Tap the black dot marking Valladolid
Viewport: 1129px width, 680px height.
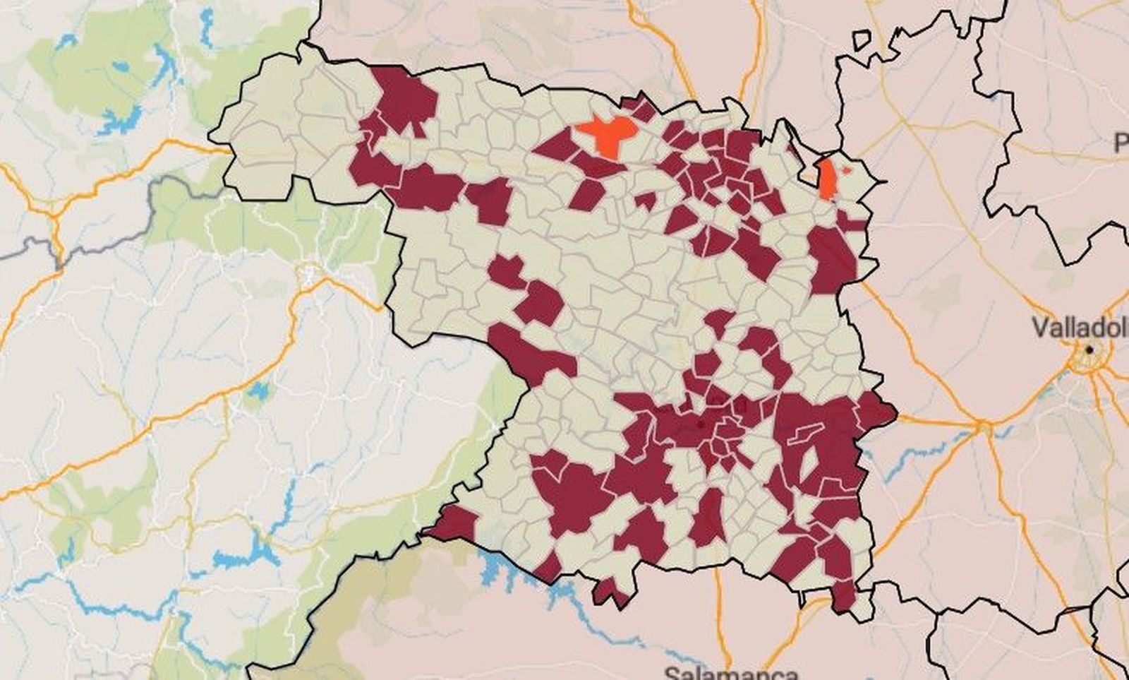[1090, 350]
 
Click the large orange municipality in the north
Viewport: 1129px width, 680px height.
[608, 133]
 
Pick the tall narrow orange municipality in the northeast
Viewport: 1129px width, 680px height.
[825, 178]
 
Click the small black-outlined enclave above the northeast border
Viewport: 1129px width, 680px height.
[862, 40]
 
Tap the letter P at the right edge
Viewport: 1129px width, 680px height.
[1121, 144]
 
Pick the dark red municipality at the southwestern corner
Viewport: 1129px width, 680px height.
[453, 523]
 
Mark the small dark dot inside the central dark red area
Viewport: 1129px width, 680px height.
[699, 425]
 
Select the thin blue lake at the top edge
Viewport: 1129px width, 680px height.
[206, 28]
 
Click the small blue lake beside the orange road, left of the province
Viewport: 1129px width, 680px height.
[258, 390]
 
